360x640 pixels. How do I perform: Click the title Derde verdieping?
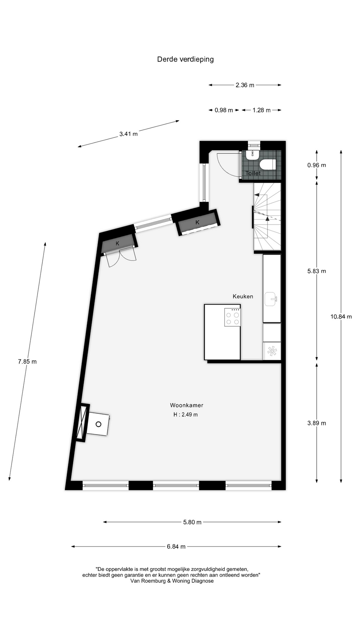coord(185,59)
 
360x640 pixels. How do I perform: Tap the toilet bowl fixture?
coord(268,164)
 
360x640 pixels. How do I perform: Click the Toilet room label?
coord(253,173)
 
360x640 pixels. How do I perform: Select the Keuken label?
coord(243,296)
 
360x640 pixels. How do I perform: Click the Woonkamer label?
coord(187,405)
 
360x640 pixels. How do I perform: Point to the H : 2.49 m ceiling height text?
coord(186,415)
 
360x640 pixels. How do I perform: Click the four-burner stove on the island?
coord(232,317)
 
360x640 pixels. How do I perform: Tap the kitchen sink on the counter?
coord(271,299)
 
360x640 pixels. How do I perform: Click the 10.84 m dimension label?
coord(341,317)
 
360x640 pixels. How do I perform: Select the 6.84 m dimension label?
coord(176,547)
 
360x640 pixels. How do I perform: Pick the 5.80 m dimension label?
coord(192,522)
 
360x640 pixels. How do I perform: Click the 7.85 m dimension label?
coord(27,361)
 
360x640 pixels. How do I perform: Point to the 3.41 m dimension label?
coord(128,134)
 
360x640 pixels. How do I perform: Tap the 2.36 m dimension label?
coord(245,85)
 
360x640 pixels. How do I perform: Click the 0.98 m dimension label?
coord(224,110)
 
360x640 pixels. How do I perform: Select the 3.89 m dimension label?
coord(317,423)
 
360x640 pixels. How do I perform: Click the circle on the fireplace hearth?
coord(98,424)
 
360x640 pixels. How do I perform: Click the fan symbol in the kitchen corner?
coord(272,351)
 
